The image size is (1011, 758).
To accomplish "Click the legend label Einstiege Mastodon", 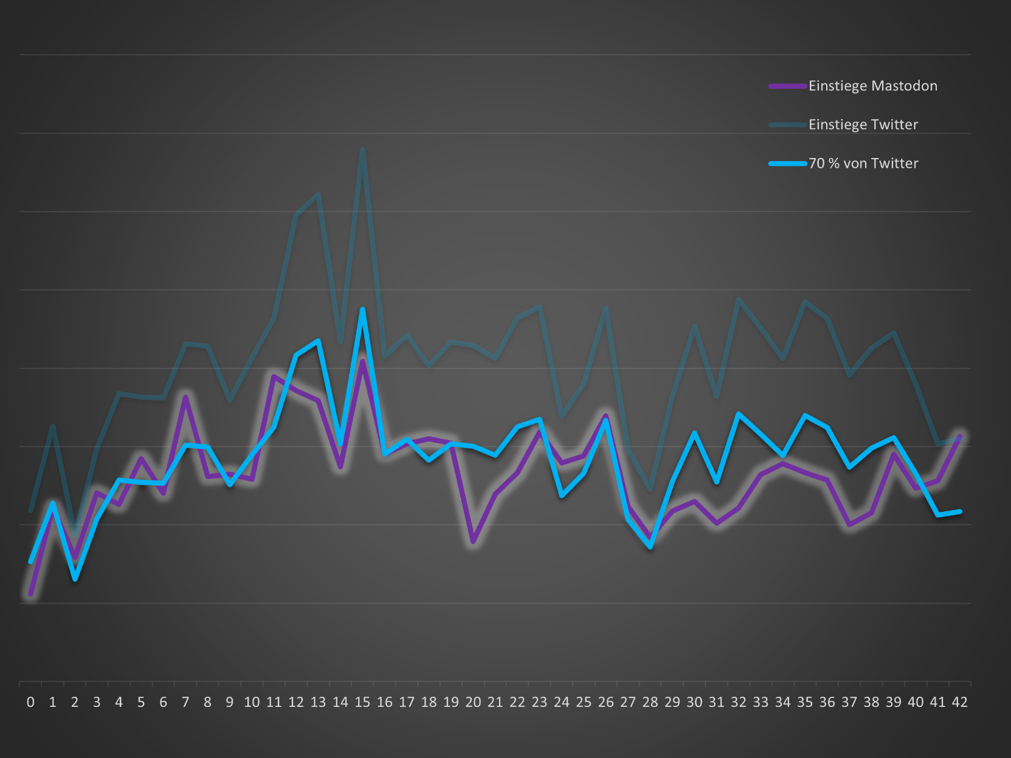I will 872,86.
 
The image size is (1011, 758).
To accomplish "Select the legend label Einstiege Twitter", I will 863,125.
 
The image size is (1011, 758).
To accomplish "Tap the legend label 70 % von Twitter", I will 863,164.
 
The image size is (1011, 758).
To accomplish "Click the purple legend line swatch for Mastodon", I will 787,86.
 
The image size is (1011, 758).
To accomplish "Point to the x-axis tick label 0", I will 30,703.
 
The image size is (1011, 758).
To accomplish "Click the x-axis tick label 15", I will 362,703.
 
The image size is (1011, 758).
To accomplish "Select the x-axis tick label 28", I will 650,703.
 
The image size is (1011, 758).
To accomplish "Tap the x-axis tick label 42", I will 959,703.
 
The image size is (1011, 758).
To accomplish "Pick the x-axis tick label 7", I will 185,703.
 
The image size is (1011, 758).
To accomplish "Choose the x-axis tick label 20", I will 473,703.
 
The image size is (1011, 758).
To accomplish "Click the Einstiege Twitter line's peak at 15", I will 362,149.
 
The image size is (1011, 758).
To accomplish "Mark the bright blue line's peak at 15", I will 362,309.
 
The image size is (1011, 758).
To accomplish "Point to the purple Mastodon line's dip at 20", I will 473,541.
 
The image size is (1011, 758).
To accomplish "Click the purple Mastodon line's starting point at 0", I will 30,594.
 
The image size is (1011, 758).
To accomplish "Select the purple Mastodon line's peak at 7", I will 185,397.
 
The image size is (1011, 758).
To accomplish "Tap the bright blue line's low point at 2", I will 75,579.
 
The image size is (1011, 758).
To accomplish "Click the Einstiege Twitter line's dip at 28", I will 650,489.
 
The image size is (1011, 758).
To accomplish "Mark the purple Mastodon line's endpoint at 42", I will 960,436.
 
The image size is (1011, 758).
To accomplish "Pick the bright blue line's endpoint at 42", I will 960,512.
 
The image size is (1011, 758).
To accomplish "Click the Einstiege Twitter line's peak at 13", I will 319,195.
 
